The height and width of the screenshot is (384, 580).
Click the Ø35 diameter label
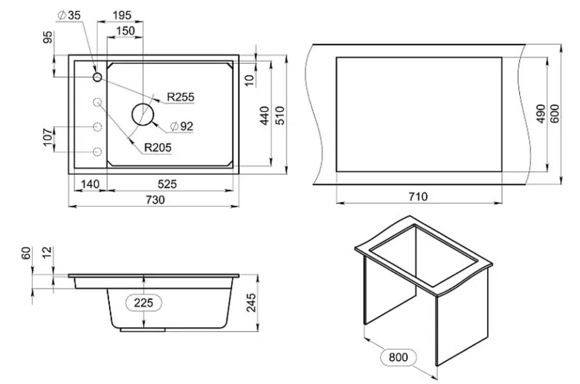pos(69,16)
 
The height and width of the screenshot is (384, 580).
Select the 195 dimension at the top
pos(122,16)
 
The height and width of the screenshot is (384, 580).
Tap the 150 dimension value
pos(125,31)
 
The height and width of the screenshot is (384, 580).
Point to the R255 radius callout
pos(181,97)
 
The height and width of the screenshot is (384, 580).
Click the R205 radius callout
pos(158,148)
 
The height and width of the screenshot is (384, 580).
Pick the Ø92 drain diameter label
pos(182,126)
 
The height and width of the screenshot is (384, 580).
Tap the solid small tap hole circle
pos(97,77)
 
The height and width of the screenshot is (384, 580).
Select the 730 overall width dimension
pos(156,200)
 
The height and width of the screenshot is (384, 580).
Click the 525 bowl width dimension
pos(167,184)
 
